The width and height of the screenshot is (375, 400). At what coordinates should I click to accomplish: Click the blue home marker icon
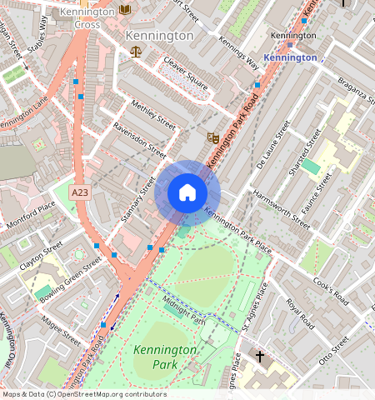[x=187, y=193]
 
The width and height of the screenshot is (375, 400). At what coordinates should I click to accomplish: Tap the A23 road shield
[x=80, y=192]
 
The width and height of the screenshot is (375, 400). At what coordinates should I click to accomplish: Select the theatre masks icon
[x=212, y=136]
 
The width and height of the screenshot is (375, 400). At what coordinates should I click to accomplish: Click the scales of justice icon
[x=136, y=52]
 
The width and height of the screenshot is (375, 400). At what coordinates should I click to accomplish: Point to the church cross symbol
[x=259, y=357]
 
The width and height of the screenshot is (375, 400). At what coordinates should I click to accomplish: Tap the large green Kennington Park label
[x=164, y=357]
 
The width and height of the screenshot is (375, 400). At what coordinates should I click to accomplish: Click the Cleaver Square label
[x=186, y=72]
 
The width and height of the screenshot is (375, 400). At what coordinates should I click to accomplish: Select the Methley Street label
[x=154, y=115]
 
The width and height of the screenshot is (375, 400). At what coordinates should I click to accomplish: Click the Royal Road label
[x=299, y=312]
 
